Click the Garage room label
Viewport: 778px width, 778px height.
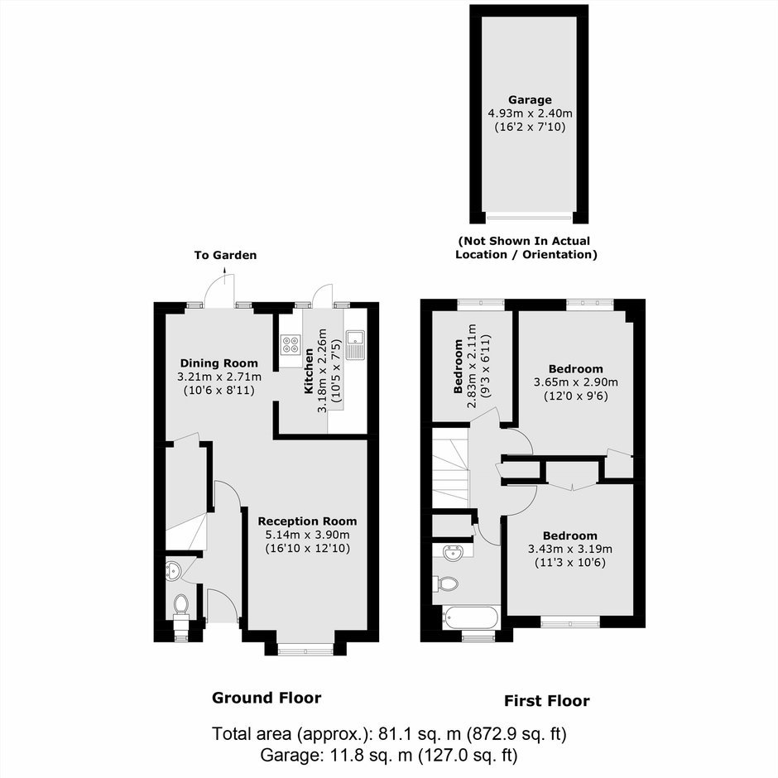point(530,99)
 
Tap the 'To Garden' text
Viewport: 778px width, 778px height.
point(225,256)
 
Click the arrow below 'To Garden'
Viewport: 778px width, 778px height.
point(225,275)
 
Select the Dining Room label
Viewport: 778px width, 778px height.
point(219,363)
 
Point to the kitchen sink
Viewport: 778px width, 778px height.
point(355,344)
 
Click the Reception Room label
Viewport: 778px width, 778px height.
point(308,521)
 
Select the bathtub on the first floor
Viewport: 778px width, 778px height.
point(470,617)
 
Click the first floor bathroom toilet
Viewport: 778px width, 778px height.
point(445,584)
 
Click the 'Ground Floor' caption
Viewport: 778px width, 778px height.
point(267,698)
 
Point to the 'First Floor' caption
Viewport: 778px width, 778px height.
point(547,701)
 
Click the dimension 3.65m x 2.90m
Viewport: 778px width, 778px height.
point(576,382)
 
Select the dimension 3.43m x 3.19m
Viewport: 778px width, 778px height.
point(569,549)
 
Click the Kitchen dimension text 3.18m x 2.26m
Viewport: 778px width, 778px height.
point(323,370)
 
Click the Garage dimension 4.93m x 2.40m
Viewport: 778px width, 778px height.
point(530,113)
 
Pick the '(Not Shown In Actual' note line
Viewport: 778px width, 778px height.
point(524,241)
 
